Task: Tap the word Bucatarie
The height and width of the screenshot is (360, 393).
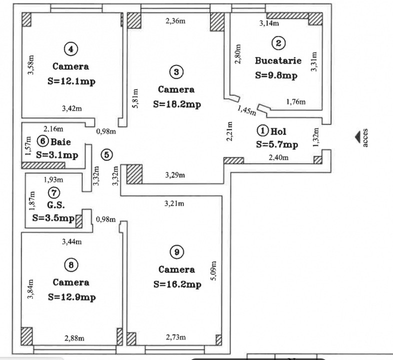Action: [278, 61]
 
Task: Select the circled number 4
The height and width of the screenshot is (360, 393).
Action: [71, 48]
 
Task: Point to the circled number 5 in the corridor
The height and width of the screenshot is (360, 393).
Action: [106, 154]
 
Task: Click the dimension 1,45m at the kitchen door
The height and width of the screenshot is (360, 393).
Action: [246, 110]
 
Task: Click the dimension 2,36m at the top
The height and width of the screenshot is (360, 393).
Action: [176, 20]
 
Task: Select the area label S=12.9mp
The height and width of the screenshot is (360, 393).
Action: [71, 296]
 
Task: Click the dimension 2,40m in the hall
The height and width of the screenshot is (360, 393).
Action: [278, 158]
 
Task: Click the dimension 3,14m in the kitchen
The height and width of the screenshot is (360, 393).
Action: [269, 23]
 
